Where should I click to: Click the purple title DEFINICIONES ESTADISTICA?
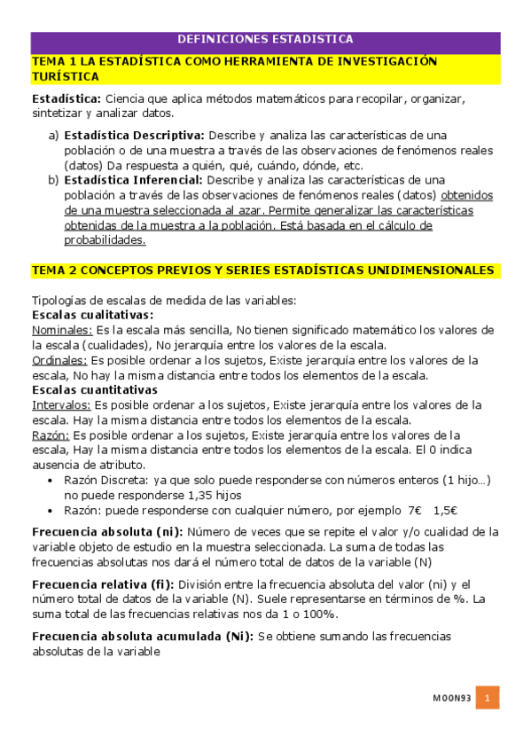[265, 39]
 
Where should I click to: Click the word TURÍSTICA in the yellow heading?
[65, 77]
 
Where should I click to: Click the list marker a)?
[53, 135]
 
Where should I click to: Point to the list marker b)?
[53, 179]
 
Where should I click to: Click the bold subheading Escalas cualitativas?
[92, 314]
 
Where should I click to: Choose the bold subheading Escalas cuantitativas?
[94, 389]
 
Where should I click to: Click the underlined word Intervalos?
[61, 404]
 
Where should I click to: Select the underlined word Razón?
[50, 435]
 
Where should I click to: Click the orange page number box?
[487, 698]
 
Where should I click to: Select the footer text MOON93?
[451, 699]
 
